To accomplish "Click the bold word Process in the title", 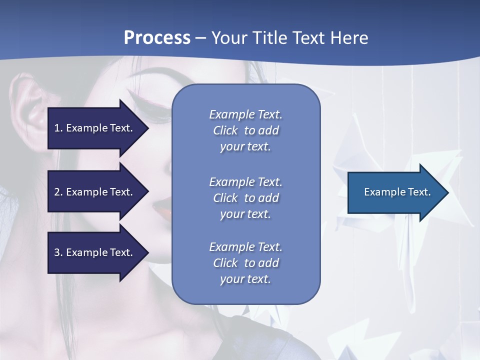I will click(x=157, y=38).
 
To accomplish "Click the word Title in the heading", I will click(x=272, y=38).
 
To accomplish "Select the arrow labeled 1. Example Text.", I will click(x=95, y=128).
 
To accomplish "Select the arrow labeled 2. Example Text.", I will click(x=95, y=192).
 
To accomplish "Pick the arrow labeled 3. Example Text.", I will click(x=95, y=252).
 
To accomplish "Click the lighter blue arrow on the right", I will click(x=395, y=192).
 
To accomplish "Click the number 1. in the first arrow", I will click(x=58, y=128).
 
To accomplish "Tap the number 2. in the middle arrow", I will click(x=58, y=192).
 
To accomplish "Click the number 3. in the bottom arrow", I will click(x=58, y=252).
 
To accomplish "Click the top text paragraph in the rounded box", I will click(x=245, y=130).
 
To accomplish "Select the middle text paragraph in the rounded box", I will click(x=245, y=198).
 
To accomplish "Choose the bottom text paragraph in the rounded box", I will click(x=245, y=263).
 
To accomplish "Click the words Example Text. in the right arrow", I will click(x=397, y=192).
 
